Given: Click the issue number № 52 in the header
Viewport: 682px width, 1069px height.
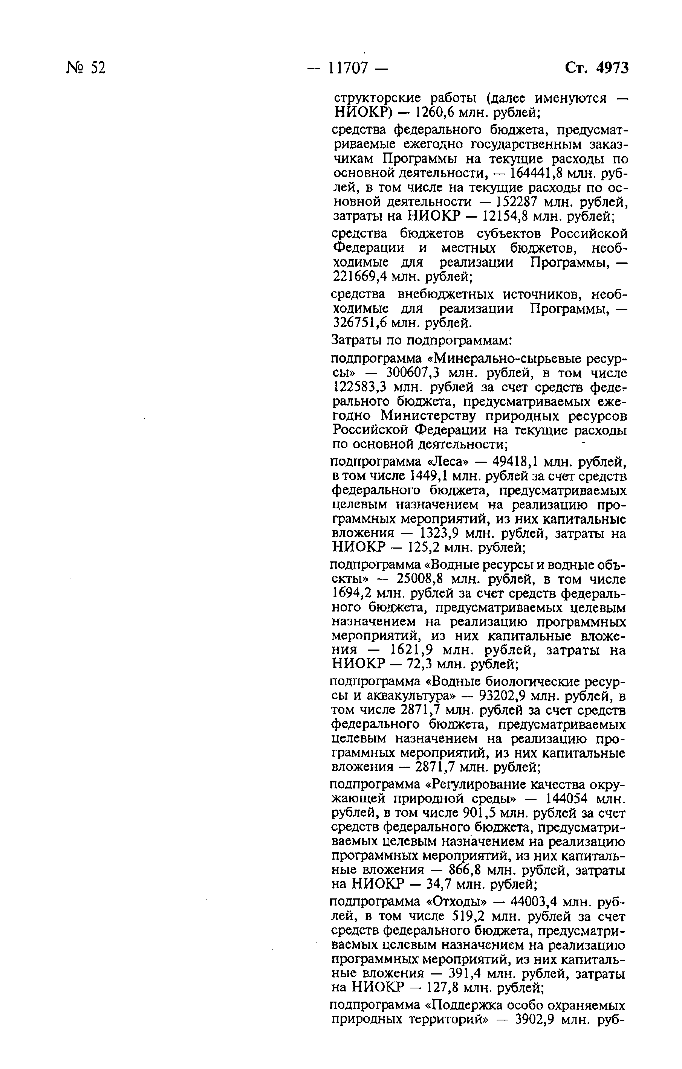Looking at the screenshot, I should coord(86,68).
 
